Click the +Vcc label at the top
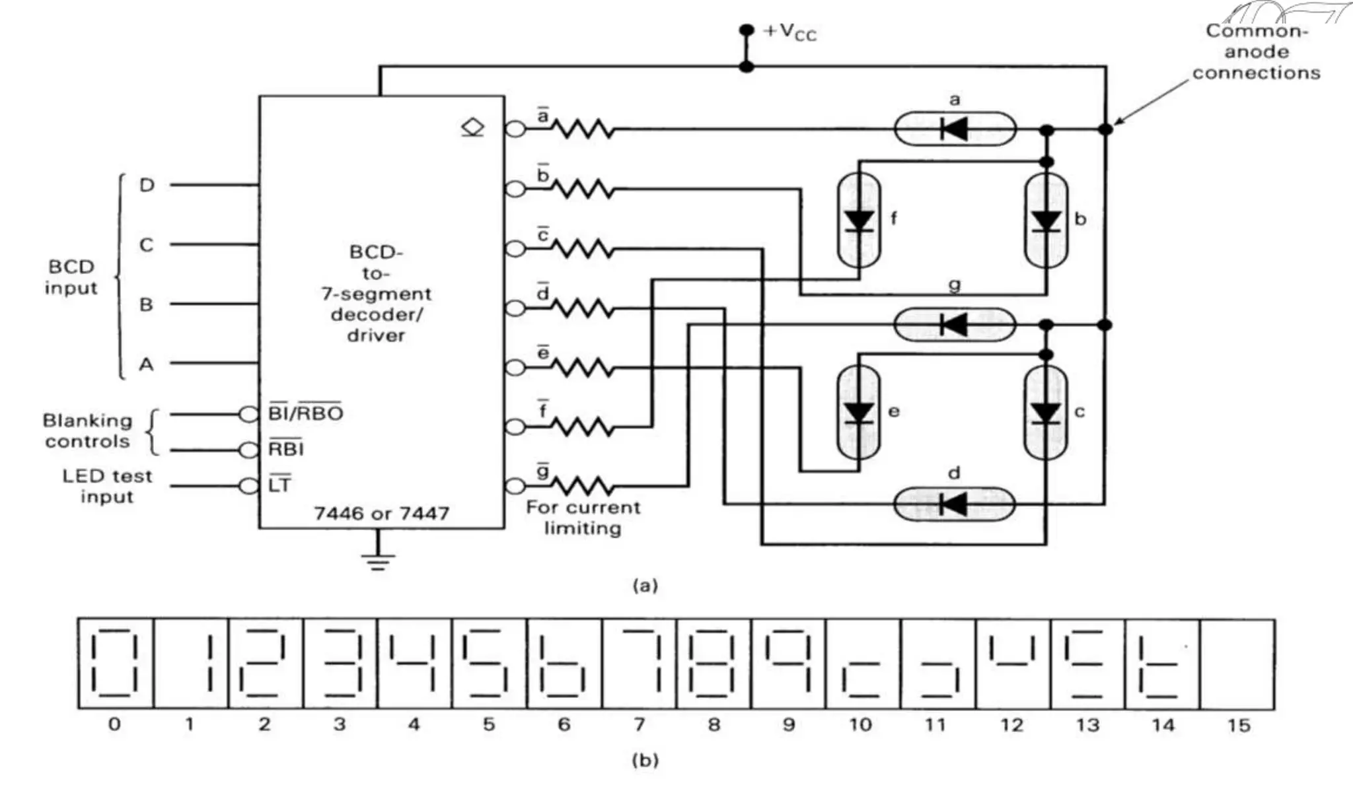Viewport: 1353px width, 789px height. pyautogui.click(x=790, y=32)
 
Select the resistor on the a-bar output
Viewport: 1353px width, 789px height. pyautogui.click(x=583, y=129)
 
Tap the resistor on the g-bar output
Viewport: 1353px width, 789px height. pyautogui.click(x=583, y=487)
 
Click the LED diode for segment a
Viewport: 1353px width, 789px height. pyautogui.click(x=955, y=129)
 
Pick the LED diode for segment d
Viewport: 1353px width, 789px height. pyautogui.click(x=953, y=505)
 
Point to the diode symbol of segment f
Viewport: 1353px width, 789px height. pyautogui.click(x=859, y=220)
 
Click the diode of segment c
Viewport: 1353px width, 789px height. pyautogui.click(x=1046, y=413)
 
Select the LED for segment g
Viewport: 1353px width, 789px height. pyautogui.click(x=954, y=325)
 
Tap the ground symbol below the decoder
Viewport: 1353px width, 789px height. pyautogui.click(x=378, y=561)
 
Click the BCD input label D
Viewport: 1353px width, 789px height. pyautogui.click(x=147, y=185)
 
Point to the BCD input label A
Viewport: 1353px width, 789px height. pyautogui.click(x=146, y=364)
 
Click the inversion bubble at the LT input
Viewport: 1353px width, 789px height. pyautogui.click(x=248, y=487)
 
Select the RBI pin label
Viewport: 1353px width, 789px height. pyautogui.click(x=285, y=449)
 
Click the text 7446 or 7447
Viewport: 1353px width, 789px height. pyautogui.click(x=381, y=513)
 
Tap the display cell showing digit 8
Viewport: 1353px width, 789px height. pyautogui.click(x=713, y=664)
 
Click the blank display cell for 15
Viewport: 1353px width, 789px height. pyautogui.click(x=1237, y=664)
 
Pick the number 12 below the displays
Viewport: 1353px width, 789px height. pyautogui.click(x=1011, y=725)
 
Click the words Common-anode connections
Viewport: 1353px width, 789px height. pyautogui.click(x=1255, y=51)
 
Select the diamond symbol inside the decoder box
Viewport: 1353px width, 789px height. pyautogui.click(x=472, y=127)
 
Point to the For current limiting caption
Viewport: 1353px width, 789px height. pyautogui.click(x=583, y=518)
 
